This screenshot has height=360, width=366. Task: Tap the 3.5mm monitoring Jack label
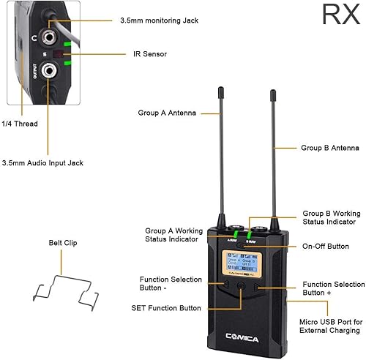[x=158, y=21]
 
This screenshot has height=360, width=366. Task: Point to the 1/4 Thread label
[x=20, y=124]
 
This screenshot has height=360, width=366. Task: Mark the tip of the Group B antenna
[x=272, y=92]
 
